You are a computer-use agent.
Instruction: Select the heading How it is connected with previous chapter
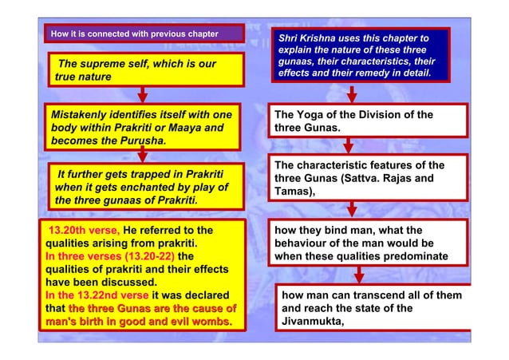(x=134, y=34)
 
